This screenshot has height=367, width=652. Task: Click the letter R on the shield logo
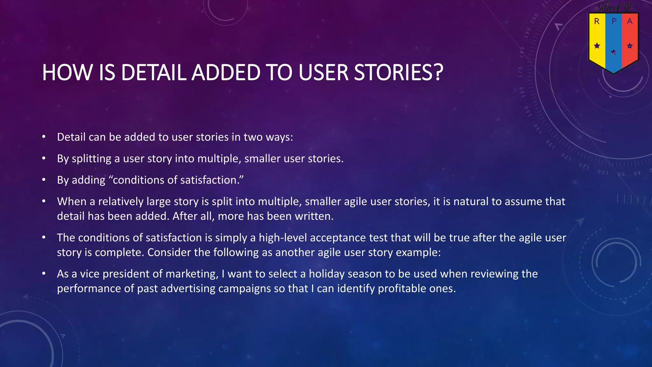coord(597,22)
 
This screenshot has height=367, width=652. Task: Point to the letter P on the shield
coord(614,22)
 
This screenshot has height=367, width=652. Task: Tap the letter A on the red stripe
coord(630,22)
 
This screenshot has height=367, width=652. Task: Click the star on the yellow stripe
coord(597,46)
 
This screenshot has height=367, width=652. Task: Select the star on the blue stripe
coord(613,52)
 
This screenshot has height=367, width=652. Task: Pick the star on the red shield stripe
coord(630,46)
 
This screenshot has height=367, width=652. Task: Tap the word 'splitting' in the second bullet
coord(91,159)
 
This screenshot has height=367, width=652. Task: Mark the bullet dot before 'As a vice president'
coord(44,273)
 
